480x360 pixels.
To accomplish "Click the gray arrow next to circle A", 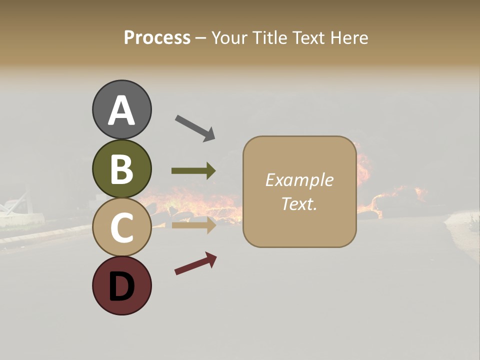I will pyautogui.click(x=195, y=127).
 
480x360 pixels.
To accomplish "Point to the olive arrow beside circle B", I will pyautogui.click(x=193, y=171).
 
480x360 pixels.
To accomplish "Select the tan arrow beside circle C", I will pyautogui.click(x=193, y=225).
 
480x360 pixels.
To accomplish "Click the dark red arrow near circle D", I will pyautogui.click(x=195, y=263).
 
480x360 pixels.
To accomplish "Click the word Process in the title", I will pyautogui.click(x=157, y=37).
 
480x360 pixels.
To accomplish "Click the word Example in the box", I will pyautogui.click(x=299, y=180).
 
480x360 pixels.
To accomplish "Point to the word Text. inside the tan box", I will pyautogui.click(x=299, y=203).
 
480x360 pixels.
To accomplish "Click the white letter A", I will pyautogui.click(x=121, y=110).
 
